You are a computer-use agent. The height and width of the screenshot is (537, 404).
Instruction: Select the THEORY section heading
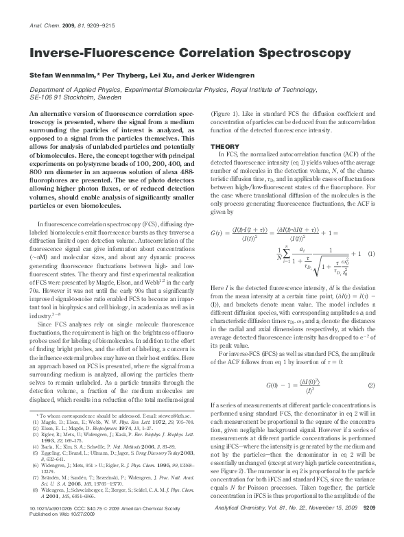(224, 146)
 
